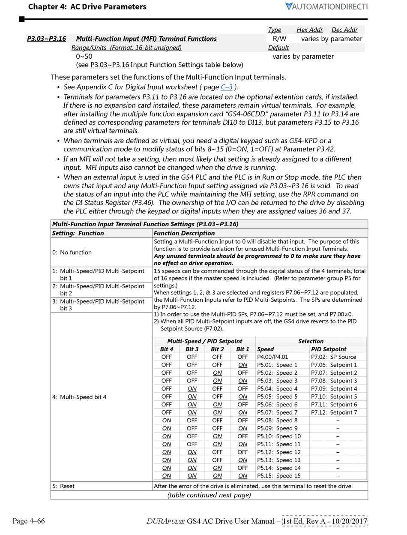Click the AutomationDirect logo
326,6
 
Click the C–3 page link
227,87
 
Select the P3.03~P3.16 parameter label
46,39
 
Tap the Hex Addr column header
309,30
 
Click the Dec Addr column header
344,30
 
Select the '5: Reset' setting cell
64,486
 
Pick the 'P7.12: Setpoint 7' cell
334,412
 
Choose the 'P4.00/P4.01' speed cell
272,357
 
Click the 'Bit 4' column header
167,349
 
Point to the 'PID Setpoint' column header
329,349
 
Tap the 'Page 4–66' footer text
29,521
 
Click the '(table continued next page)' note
209,495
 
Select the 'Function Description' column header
184,233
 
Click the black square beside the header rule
22,19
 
